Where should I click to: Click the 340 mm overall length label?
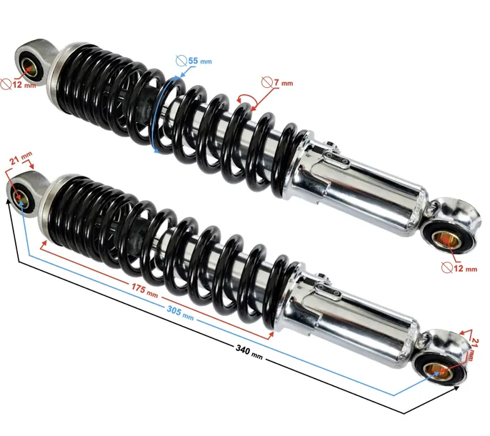coord(249,351)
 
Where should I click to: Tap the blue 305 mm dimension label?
coord(180,313)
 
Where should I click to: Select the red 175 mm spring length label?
coord(144,290)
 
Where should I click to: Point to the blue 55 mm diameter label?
coord(200,61)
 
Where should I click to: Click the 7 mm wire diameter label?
coord(284,83)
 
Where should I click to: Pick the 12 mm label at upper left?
coord(24,84)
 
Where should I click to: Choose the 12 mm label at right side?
coord(465,268)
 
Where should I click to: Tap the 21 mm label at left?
coord(21,158)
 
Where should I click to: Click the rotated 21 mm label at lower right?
coord(474,350)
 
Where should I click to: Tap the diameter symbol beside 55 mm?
coord(181,61)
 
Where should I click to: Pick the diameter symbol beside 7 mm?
coord(267,83)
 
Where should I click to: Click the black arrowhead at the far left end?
coord(8,201)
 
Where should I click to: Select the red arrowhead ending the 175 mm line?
coord(271,335)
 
